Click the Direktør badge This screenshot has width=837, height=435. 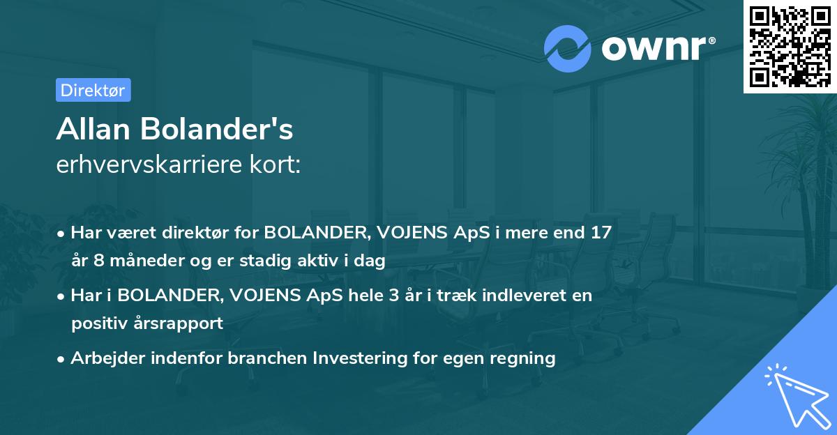[93, 90]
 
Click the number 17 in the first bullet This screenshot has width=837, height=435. [600, 232]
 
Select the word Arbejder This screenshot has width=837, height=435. [103, 358]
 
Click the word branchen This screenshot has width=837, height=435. [268, 358]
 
